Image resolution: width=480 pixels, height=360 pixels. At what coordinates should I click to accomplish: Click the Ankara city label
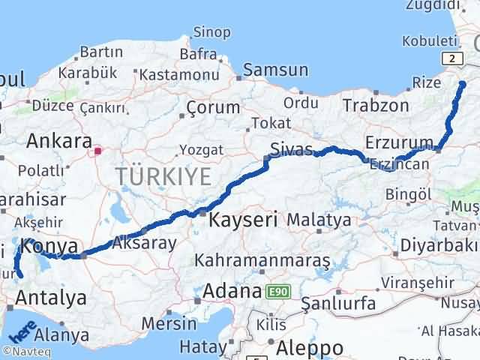(x=59, y=141)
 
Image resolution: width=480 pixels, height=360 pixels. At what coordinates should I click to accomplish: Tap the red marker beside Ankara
(x=97, y=151)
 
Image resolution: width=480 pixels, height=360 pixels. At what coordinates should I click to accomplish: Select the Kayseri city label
(x=243, y=220)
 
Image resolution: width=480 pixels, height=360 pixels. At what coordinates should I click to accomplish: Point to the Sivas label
(x=292, y=149)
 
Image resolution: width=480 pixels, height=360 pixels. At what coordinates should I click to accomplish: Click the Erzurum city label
(x=399, y=142)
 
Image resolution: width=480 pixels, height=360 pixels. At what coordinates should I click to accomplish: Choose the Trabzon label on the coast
(x=376, y=106)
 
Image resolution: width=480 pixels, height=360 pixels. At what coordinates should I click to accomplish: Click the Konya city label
(x=49, y=246)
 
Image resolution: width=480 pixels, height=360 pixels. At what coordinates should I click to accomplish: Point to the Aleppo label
(x=310, y=348)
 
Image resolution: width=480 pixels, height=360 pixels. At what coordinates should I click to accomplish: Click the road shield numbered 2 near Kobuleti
(x=451, y=58)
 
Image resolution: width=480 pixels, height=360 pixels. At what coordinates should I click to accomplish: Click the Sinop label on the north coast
(x=211, y=32)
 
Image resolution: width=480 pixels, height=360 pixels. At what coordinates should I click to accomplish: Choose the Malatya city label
(x=319, y=220)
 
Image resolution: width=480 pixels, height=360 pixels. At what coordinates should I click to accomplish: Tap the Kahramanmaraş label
(x=262, y=260)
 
